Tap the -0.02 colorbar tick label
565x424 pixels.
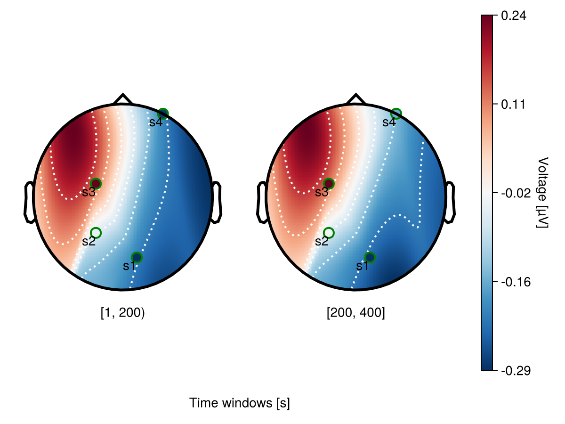coord(516,193)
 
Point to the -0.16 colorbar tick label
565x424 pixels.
coord(516,282)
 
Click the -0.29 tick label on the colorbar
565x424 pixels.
coord(516,371)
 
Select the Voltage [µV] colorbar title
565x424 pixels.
coord(543,193)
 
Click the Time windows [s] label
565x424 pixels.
coord(240,403)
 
